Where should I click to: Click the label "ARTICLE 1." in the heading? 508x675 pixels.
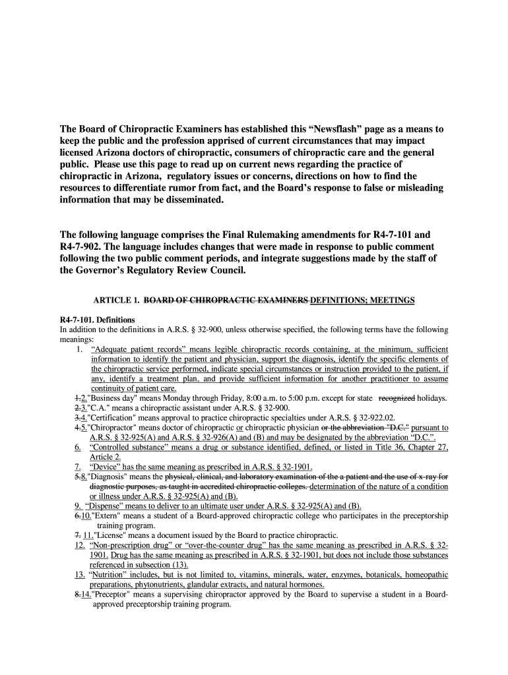click(116, 301)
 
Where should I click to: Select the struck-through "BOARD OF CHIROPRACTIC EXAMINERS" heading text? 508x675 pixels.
click(226, 301)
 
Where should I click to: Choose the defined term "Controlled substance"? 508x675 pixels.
click(133, 448)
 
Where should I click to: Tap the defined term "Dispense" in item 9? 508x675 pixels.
click(108, 506)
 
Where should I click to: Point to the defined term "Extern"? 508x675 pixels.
click(108, 516)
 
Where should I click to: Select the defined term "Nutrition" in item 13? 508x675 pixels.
click(111, 575)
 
